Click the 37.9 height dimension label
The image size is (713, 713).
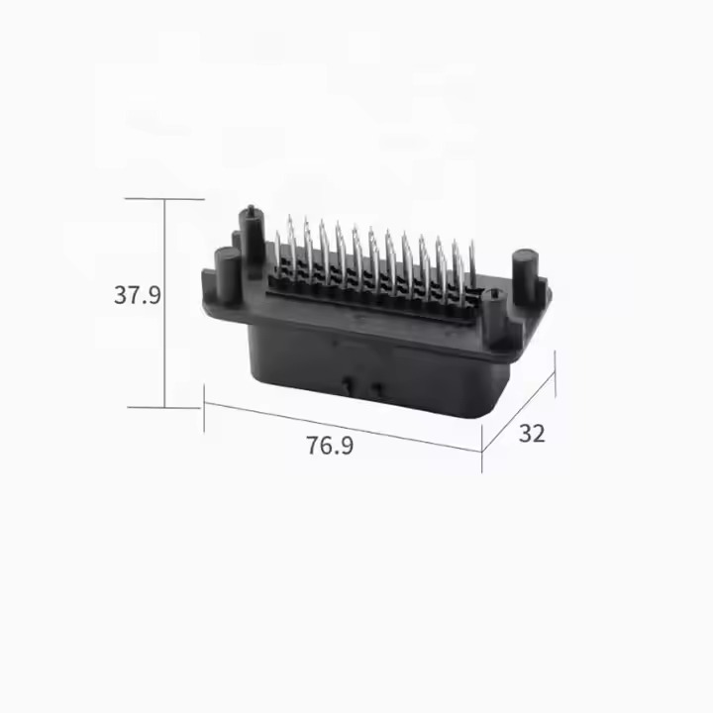click(138, 295)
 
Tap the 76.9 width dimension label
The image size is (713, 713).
click(330, 446)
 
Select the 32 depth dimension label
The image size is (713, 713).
click(532, 434)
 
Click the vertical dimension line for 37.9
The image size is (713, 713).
click(165, 303)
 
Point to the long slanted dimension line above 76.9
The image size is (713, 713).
click(343, 427)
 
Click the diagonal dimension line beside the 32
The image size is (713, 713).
click(518, 412)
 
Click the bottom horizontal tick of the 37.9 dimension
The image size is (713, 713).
click(163, 407)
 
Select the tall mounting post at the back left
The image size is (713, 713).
click(252, 241)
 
